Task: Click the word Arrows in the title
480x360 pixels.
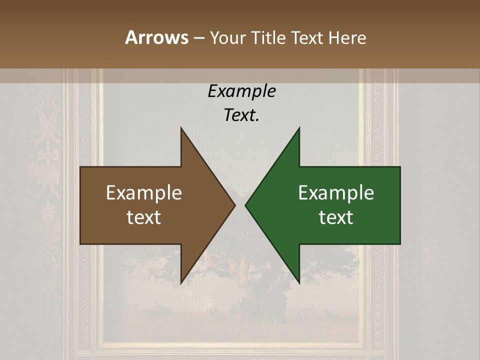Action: point(156,37)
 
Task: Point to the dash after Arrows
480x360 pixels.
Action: point(198,38)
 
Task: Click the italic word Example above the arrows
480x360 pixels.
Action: point(241,91)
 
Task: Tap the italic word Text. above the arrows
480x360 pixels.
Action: point(241,115)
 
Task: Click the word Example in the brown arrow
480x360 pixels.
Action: point(144,193)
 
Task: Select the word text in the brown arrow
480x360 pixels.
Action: point(144,217)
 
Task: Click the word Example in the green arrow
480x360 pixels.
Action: point(336,193)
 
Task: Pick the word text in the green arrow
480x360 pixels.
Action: point(336,217)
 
